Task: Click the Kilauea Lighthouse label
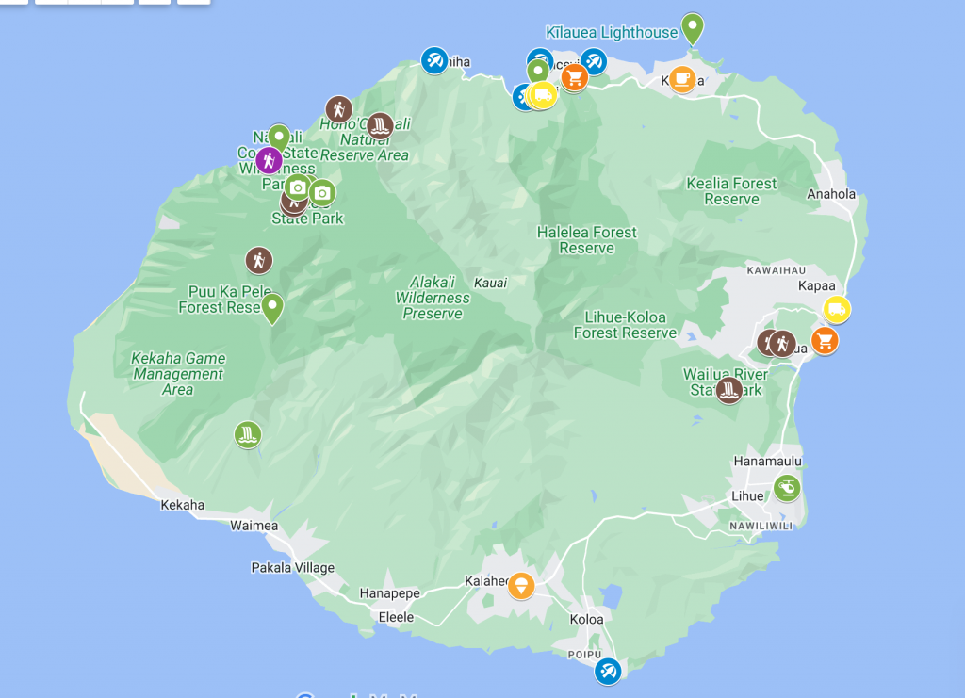612,32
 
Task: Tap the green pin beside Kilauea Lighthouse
693,27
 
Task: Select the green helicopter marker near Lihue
787,488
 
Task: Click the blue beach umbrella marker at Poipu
608,672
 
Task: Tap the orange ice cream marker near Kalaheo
521,586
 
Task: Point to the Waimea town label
254,526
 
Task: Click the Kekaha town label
182,505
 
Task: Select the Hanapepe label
389,593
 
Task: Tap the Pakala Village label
292,568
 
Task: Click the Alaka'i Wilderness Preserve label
433,298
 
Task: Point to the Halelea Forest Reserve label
587,240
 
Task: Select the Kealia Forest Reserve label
731,191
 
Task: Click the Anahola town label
831,195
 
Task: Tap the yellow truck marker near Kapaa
836,309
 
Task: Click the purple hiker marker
269,159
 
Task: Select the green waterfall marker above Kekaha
247,434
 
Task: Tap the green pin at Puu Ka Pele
272,307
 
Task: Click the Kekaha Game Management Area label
178,373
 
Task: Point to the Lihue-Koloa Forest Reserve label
625,325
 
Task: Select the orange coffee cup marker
683,79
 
